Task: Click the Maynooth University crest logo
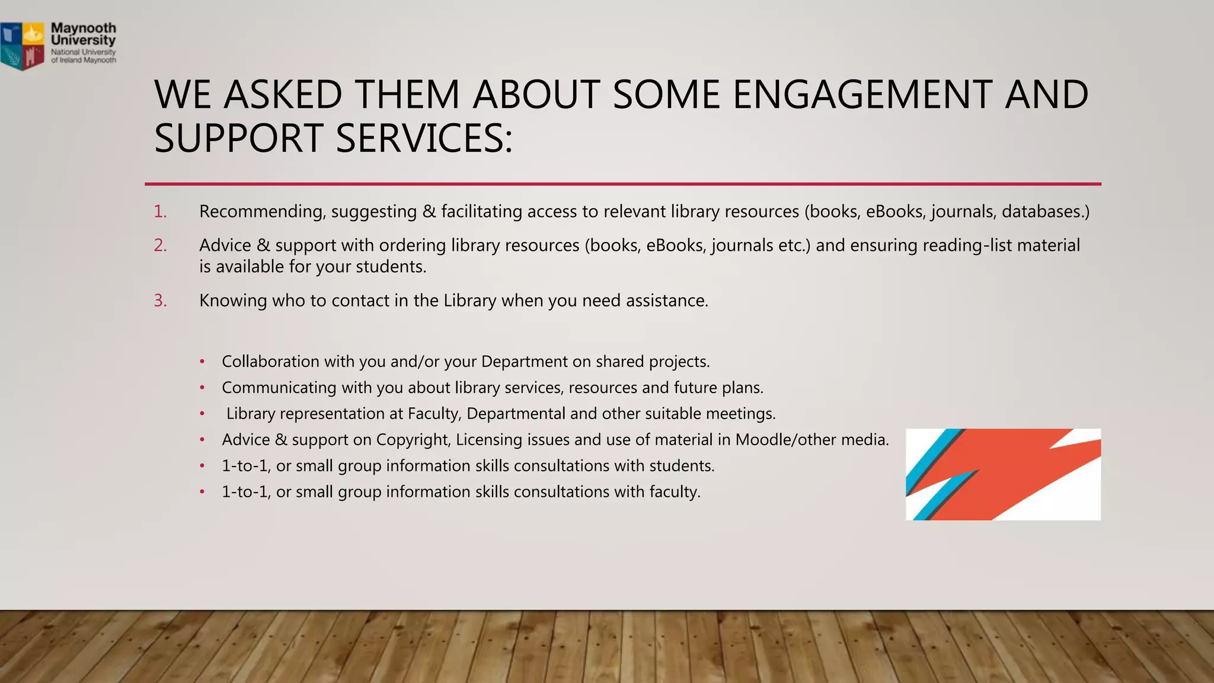click(23, 46)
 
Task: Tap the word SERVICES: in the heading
click(424, 138)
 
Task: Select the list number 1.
click(160, 212)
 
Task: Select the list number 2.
click(160, 245)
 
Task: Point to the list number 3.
click(160, 301)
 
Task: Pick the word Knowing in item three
click(233, 301)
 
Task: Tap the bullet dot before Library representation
click(202, 414)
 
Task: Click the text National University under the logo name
click(83, 52)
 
